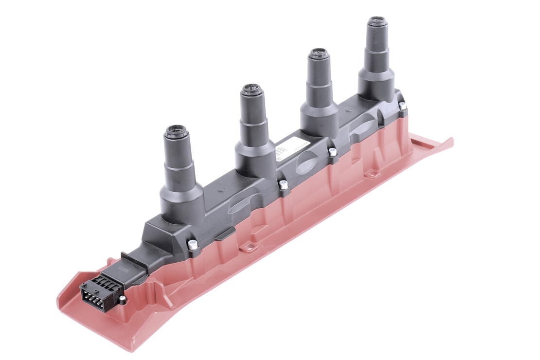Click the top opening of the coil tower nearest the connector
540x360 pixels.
click(176, 131)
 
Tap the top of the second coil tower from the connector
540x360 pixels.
click(252, 90)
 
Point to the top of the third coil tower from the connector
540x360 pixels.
click(319, 53)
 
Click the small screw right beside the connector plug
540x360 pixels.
click(124, 299)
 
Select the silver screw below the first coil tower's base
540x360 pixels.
click(193, 245)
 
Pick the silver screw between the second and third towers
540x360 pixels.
click(283, 184)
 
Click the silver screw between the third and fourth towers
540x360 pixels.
click(333, 152)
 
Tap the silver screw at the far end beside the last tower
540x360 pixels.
click(402, 106)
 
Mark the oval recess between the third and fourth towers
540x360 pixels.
click(361, 127)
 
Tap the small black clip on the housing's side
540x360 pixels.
click(225, 234)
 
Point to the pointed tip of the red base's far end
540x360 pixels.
click(452, 141)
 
